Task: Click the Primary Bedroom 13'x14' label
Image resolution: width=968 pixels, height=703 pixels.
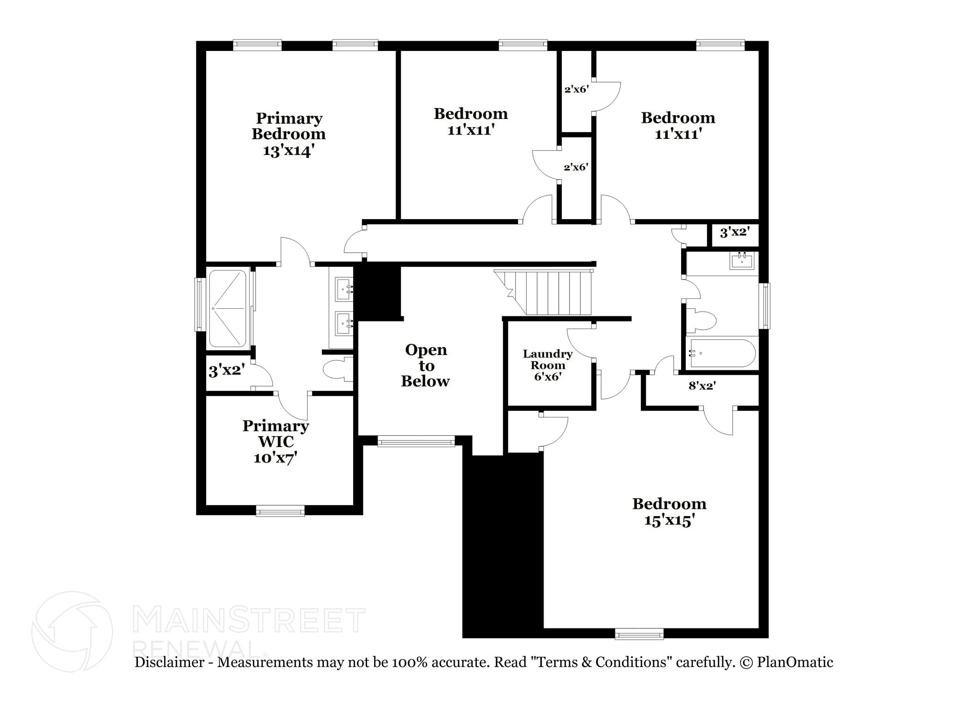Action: click(x=288, y=134)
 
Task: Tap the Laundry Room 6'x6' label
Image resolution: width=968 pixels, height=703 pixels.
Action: click(x=547, y=365)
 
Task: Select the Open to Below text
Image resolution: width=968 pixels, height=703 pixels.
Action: click(x=425, y=365)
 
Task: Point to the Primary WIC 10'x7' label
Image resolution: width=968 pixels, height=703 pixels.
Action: click(x=276, y=441)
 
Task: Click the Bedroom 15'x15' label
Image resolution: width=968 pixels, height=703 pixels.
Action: click(x=669, y=512)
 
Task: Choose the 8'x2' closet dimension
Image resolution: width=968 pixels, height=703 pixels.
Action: click(x=701, y=386)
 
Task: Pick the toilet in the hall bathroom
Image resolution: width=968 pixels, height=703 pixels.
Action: click(x=702, y=320)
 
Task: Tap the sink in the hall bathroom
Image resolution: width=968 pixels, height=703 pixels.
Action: click(x=741, y=260)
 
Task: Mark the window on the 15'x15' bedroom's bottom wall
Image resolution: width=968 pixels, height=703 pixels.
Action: click(x=639, y=634)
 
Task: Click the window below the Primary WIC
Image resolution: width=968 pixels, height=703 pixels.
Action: click(x=280, y=511)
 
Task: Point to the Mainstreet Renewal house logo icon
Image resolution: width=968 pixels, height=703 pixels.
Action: click(x=72, y=631)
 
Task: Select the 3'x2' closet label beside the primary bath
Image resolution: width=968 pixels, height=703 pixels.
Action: click(x=226, y=371)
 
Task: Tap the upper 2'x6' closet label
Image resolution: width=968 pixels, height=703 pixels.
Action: click(x=576, y=89)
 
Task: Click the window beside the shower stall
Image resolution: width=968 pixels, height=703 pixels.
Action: click(x=200, y=305)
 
